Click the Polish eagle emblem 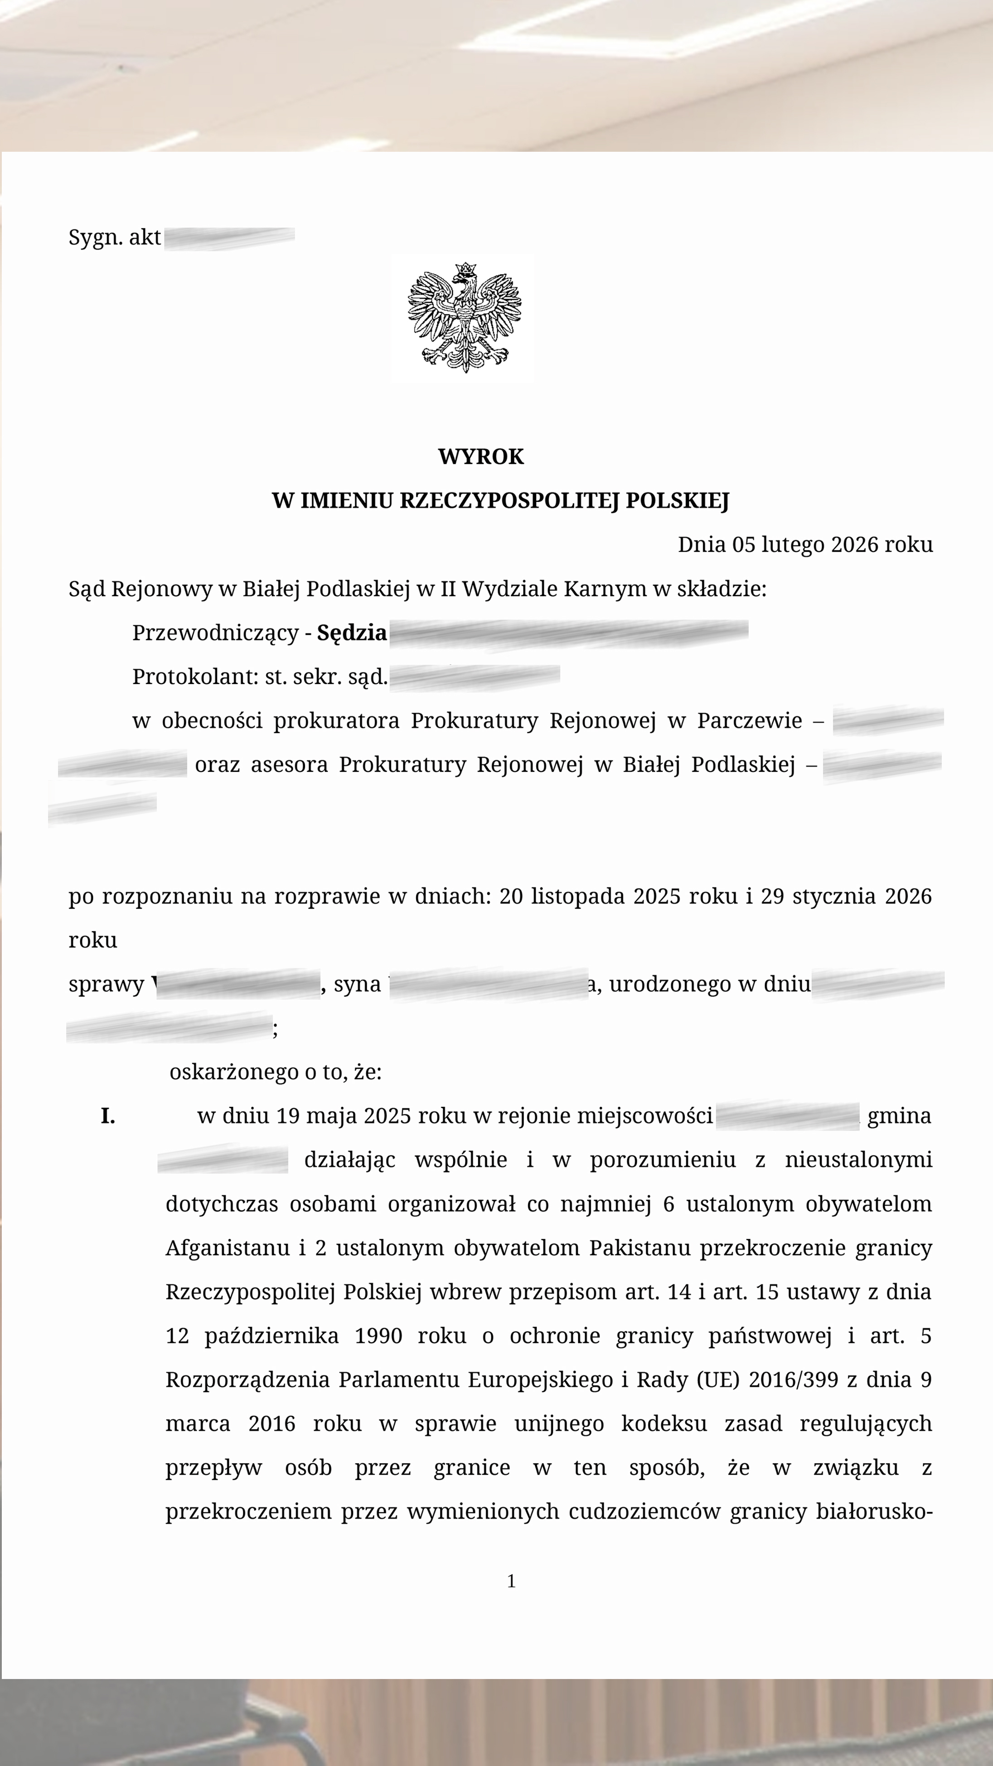tap(464, 318)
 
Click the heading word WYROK tap(481, 457)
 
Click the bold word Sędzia tap(352, 632)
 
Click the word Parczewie tap(750, 720)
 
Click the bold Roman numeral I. tap(108, 1116)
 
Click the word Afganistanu tap(228, 1248)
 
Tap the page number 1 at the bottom tap(511, 1581)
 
